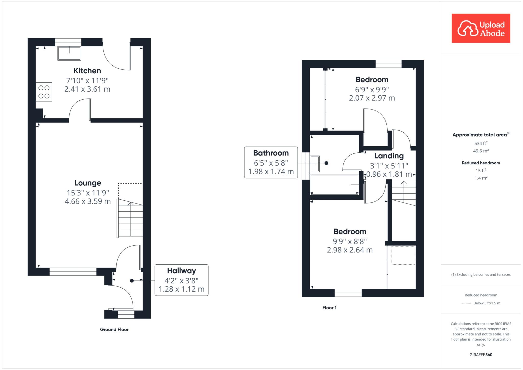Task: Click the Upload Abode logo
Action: click(481, 28)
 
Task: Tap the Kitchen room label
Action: click(87, 71)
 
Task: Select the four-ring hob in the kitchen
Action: click(44, 92)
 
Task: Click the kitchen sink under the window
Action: click(69, 53)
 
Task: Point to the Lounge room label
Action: click(88, 183)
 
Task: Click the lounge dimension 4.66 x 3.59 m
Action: click(88, 201)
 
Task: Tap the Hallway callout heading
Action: click(182, 271)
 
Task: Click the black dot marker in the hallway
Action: click(132, 281)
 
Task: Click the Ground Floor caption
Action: click(114, 329)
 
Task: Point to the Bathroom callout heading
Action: click(271, 153)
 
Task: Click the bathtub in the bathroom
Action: click(335, 185)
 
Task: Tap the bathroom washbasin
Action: click(315, 164)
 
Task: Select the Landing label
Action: click(389, 156)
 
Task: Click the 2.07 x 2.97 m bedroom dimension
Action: click(372, 98)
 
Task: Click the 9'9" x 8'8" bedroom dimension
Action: click(350, 241)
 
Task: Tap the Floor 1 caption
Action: click(329, 308)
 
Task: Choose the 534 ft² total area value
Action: click(481, 143)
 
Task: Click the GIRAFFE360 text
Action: click(481, 355)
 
